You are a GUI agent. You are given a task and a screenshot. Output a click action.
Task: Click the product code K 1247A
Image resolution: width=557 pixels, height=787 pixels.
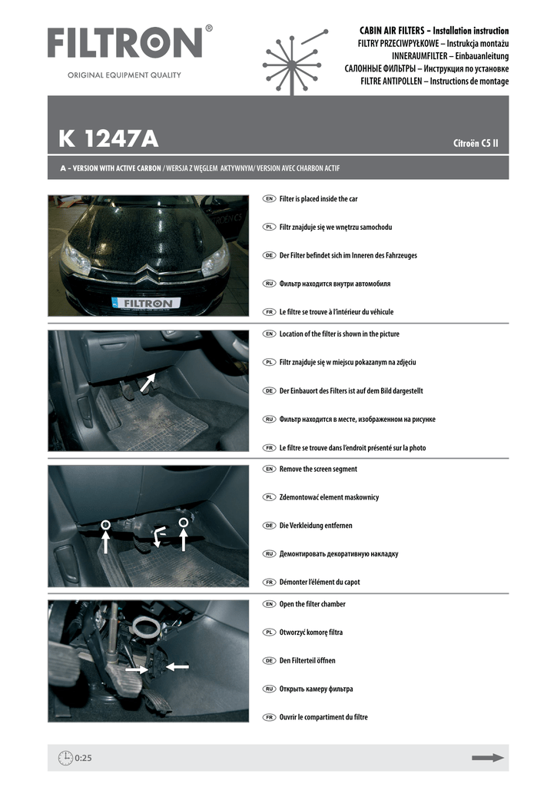click(108, 139)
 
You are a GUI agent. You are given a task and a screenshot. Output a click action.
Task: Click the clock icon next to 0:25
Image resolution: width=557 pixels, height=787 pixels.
click(65, 758)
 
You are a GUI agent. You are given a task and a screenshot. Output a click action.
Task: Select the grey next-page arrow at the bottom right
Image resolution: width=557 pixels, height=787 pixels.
click(488, 758)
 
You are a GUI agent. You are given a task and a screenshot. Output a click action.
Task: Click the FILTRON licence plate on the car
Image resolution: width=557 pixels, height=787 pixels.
click(146, 304)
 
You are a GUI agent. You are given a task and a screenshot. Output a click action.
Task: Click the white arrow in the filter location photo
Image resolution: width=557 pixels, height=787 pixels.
click(148, 382)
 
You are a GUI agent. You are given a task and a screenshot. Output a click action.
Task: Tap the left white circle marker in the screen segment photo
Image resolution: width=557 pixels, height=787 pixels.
click(106, 525)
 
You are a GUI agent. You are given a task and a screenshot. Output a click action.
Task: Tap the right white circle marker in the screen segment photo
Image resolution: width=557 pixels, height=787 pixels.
click(184, 523)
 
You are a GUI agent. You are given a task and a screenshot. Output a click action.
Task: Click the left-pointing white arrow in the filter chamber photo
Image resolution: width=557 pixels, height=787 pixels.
click(176, 667)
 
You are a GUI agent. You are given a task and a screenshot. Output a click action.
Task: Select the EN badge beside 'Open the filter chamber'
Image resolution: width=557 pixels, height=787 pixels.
click(269, 604)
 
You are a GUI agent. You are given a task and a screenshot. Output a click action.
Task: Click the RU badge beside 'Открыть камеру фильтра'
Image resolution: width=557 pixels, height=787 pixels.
click(269, 689)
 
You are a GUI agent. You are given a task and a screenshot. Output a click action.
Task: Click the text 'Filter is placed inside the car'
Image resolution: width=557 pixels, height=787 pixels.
click(318, 198)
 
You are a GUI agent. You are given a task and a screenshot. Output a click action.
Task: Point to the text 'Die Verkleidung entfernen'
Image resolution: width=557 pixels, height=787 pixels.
click(319, 526)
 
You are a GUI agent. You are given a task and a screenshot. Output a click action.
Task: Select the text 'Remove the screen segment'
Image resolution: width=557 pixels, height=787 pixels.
click(318, 469)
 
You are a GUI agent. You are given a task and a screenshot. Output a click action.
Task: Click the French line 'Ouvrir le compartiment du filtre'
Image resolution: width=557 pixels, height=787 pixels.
click(323, 717)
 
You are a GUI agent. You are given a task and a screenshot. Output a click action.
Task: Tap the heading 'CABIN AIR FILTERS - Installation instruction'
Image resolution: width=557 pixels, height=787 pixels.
click(434, 31)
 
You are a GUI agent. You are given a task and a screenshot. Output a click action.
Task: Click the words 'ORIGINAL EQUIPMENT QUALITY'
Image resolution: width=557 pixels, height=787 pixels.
click(124, 75)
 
